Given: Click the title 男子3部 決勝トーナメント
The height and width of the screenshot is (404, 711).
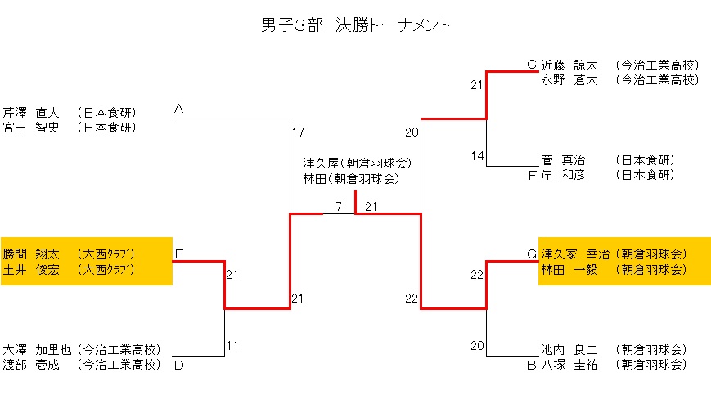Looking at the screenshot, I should pyautogui.click(x=355, y=25).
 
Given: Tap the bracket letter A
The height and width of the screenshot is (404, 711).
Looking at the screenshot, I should pyautogui.click(x=178, y=109).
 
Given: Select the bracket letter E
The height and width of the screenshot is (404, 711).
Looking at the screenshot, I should pyautogui.click(x=178, y=254).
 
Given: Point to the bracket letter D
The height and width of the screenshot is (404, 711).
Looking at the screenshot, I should pyautogui.click(x=178, y=365).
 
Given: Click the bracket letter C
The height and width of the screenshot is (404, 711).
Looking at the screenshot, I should pyautogui.click(x=531, y=64).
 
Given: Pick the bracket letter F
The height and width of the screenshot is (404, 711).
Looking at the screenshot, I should pyautogui.click(x=531, y=175).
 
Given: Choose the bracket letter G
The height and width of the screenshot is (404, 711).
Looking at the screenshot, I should pyautogui.click(x=531, y=254).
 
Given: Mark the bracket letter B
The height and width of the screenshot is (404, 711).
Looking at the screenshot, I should pyautogui.click(x=531, y=365).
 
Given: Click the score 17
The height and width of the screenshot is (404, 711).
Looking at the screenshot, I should pyautogui.click(x=298, y=132).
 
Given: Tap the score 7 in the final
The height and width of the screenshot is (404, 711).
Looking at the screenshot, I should pyautogui.click(x=338, y=205).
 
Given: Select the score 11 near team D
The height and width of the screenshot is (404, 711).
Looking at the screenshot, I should pyautogui.click(x=232, y=346).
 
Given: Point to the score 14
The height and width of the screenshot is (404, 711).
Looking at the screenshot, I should pyautogui.click(x=477, y=156).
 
